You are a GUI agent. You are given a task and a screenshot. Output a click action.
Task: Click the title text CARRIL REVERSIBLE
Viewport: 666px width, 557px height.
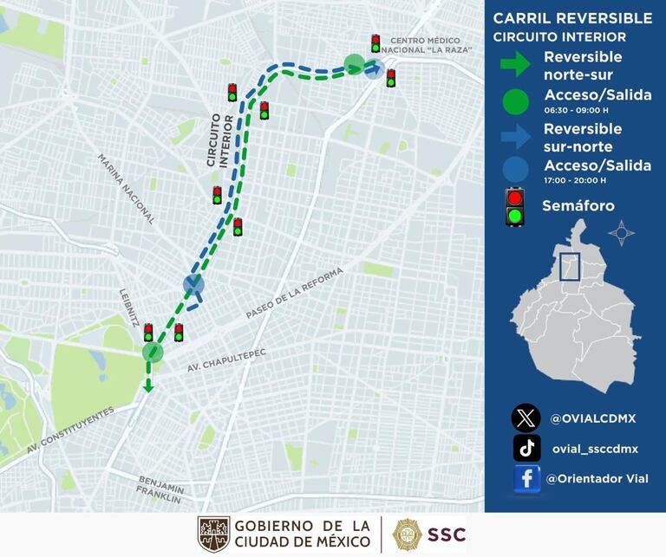coord(572,18)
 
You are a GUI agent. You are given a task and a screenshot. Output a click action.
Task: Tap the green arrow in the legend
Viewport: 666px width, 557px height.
coord(515,63)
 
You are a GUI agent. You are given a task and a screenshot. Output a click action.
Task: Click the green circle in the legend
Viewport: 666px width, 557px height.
coord(515,101)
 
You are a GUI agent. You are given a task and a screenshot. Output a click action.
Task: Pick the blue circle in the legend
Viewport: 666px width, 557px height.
coord(515,171)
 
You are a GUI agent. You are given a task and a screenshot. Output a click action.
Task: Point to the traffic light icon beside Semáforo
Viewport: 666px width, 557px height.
coord(516,207)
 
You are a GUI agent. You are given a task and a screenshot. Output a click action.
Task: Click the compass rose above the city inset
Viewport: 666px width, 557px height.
coord(621,233)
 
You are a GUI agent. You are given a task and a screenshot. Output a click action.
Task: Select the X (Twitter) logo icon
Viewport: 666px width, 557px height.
coord(526,418)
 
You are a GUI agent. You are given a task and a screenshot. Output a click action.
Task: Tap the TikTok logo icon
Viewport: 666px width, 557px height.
coord(526,448)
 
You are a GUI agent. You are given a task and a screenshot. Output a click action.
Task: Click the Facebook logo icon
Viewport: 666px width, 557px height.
coord(526,479)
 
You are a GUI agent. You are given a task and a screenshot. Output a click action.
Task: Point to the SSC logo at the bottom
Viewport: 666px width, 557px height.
coord(429,534)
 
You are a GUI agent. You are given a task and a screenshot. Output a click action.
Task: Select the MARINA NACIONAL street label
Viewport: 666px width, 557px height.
coord(126,190)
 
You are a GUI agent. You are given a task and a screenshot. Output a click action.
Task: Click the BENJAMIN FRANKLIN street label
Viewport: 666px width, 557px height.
coord(159,489)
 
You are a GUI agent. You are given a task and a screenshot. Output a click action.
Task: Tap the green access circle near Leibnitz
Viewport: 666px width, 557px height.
coord(153,352)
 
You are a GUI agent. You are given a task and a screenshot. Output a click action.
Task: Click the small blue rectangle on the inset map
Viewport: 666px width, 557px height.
coord(570,266)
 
